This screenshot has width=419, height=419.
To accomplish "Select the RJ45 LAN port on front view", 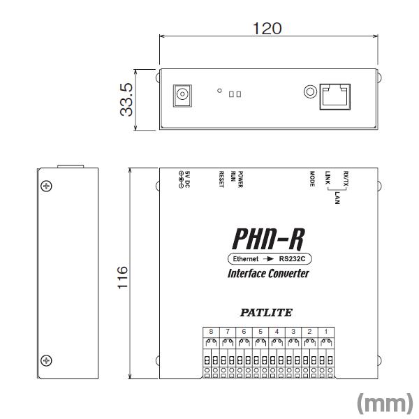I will pos(337,94).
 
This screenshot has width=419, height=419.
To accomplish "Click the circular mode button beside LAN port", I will pos(310,91).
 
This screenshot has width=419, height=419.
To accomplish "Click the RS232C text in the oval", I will pos(293,258).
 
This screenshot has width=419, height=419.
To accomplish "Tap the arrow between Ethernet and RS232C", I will pos(270,258).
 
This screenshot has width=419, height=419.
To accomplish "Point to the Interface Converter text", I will pos(268,273).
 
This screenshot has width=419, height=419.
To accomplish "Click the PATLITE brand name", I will pos(268,313).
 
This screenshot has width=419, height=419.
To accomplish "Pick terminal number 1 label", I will pos(325,330).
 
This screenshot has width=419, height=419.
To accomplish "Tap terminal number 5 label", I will pos(260,330).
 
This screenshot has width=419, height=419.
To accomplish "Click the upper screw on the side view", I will pos(46,186).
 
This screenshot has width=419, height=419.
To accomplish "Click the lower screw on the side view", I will pos(46,360).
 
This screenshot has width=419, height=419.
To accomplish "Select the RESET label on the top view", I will pos(221,180).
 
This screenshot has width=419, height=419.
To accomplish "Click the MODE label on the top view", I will pos(312,179).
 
